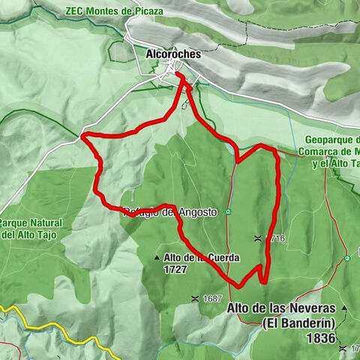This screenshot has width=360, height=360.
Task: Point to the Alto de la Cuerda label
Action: point(202,258)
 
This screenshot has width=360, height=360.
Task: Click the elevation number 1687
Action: point(213,298)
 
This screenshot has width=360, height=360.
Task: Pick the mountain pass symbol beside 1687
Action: point(195,298)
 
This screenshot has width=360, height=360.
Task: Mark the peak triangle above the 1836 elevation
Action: point(344,308)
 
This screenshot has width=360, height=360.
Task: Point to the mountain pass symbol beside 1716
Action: point(257,238)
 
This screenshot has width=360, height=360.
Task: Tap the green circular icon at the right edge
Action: point(348,259)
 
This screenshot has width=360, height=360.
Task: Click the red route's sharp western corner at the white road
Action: point(82,136)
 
